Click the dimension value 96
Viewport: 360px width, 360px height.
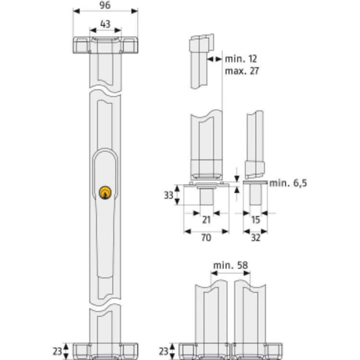tap(105, 5)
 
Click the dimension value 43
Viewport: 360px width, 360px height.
tap(105, 24)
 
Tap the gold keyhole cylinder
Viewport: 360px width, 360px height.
tap(105, 193)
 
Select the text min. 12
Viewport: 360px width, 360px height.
tap(241, 59)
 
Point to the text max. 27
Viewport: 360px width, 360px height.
tap(242, 71)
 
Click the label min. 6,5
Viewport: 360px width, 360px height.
tap(288, 183)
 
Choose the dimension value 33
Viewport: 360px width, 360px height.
tap(168, 195)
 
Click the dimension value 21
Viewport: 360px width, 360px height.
tap(206, 220)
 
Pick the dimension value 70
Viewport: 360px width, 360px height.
tap(206, 238)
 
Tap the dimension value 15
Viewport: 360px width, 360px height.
tap(255, 220)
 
